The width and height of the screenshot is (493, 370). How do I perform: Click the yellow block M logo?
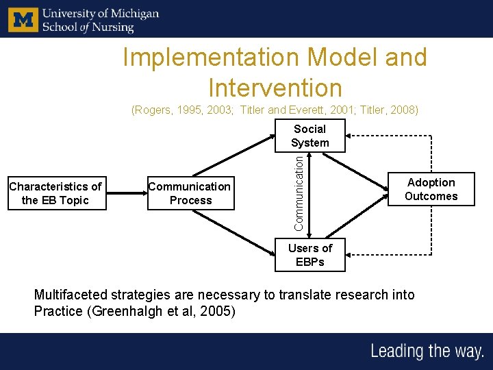(23, 20)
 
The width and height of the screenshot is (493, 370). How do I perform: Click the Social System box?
(310, 136)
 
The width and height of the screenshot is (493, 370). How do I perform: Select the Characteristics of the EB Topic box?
(55, 193)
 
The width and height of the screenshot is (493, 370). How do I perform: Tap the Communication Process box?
(190, 193)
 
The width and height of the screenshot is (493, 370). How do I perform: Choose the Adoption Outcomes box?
(431, 189)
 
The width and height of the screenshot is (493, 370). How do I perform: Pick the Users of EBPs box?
(310, 255)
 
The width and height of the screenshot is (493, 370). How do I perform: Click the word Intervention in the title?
(275, 88)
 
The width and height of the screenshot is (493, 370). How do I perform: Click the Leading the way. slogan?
(427, 351)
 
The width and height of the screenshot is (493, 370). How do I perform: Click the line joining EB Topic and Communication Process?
(127, 193)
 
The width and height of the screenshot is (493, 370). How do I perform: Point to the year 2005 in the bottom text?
(218, 312)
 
